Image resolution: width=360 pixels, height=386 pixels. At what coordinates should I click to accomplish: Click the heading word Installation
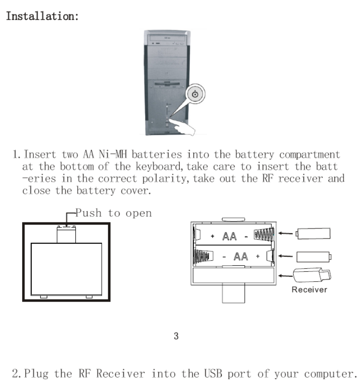[42, 17]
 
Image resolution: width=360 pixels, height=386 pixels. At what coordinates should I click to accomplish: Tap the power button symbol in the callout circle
[196, 94]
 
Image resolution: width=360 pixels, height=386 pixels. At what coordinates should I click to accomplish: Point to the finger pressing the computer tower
[184, 128]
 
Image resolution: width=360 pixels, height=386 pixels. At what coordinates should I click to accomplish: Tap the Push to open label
[114, 213]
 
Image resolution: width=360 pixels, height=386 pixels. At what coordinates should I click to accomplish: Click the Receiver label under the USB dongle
[309, 289]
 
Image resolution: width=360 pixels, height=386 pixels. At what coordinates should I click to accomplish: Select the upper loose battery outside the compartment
[313, 234]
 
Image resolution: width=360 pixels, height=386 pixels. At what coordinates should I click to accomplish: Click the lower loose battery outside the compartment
[314, 257]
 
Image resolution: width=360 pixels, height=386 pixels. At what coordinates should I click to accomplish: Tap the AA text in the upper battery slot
[229, 236]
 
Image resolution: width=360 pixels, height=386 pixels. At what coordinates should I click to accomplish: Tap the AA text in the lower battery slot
[241, 257]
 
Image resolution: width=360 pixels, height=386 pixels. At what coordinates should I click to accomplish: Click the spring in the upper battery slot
[263, 235]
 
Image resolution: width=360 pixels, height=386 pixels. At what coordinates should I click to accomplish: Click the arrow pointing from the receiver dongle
[285, 275]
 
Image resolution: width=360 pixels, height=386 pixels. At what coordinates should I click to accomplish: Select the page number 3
[176, 336]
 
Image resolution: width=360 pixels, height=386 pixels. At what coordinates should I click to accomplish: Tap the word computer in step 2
[326, 373]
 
